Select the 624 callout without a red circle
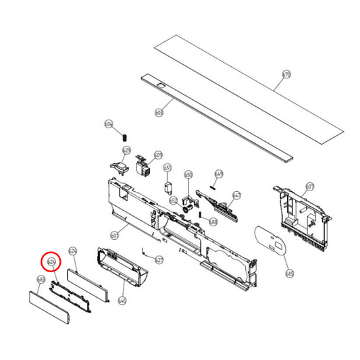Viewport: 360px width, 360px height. (x=74, y=251)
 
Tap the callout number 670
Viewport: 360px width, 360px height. (x=286, y=75)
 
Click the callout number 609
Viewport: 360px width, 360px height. (x=158, y=155)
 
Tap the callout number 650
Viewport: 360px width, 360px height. (x=188, y=175)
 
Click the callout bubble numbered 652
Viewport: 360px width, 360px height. (x=174, y=200)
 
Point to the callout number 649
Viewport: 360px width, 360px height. (x=218, y=174)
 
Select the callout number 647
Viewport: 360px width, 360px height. (x=236, y=195)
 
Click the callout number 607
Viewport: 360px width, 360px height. (x=310, y=186)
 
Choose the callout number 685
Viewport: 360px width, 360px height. (x=290, y=274)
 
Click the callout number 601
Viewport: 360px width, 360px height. (x=114, y=235)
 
